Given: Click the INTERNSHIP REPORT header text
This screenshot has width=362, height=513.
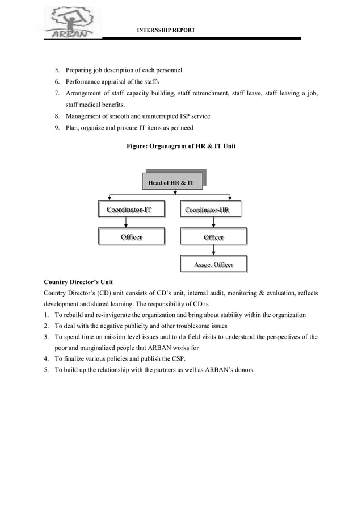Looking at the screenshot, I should point(166,29).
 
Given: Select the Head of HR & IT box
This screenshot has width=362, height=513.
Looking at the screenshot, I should point(171,183).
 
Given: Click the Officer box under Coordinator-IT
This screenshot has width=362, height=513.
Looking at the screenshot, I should point(131,236).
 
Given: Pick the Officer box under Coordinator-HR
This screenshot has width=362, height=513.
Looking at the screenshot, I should point(213,237).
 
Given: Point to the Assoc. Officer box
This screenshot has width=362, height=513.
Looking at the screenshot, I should point(213,265).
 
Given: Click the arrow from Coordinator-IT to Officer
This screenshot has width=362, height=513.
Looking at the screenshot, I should point(125,223).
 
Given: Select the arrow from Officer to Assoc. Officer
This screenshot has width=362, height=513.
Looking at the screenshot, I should point(213,251).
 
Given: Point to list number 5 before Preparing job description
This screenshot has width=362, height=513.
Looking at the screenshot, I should point(57,70).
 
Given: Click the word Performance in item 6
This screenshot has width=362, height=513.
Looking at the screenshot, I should point(83,82).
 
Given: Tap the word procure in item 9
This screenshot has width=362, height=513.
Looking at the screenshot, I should point(124,128).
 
